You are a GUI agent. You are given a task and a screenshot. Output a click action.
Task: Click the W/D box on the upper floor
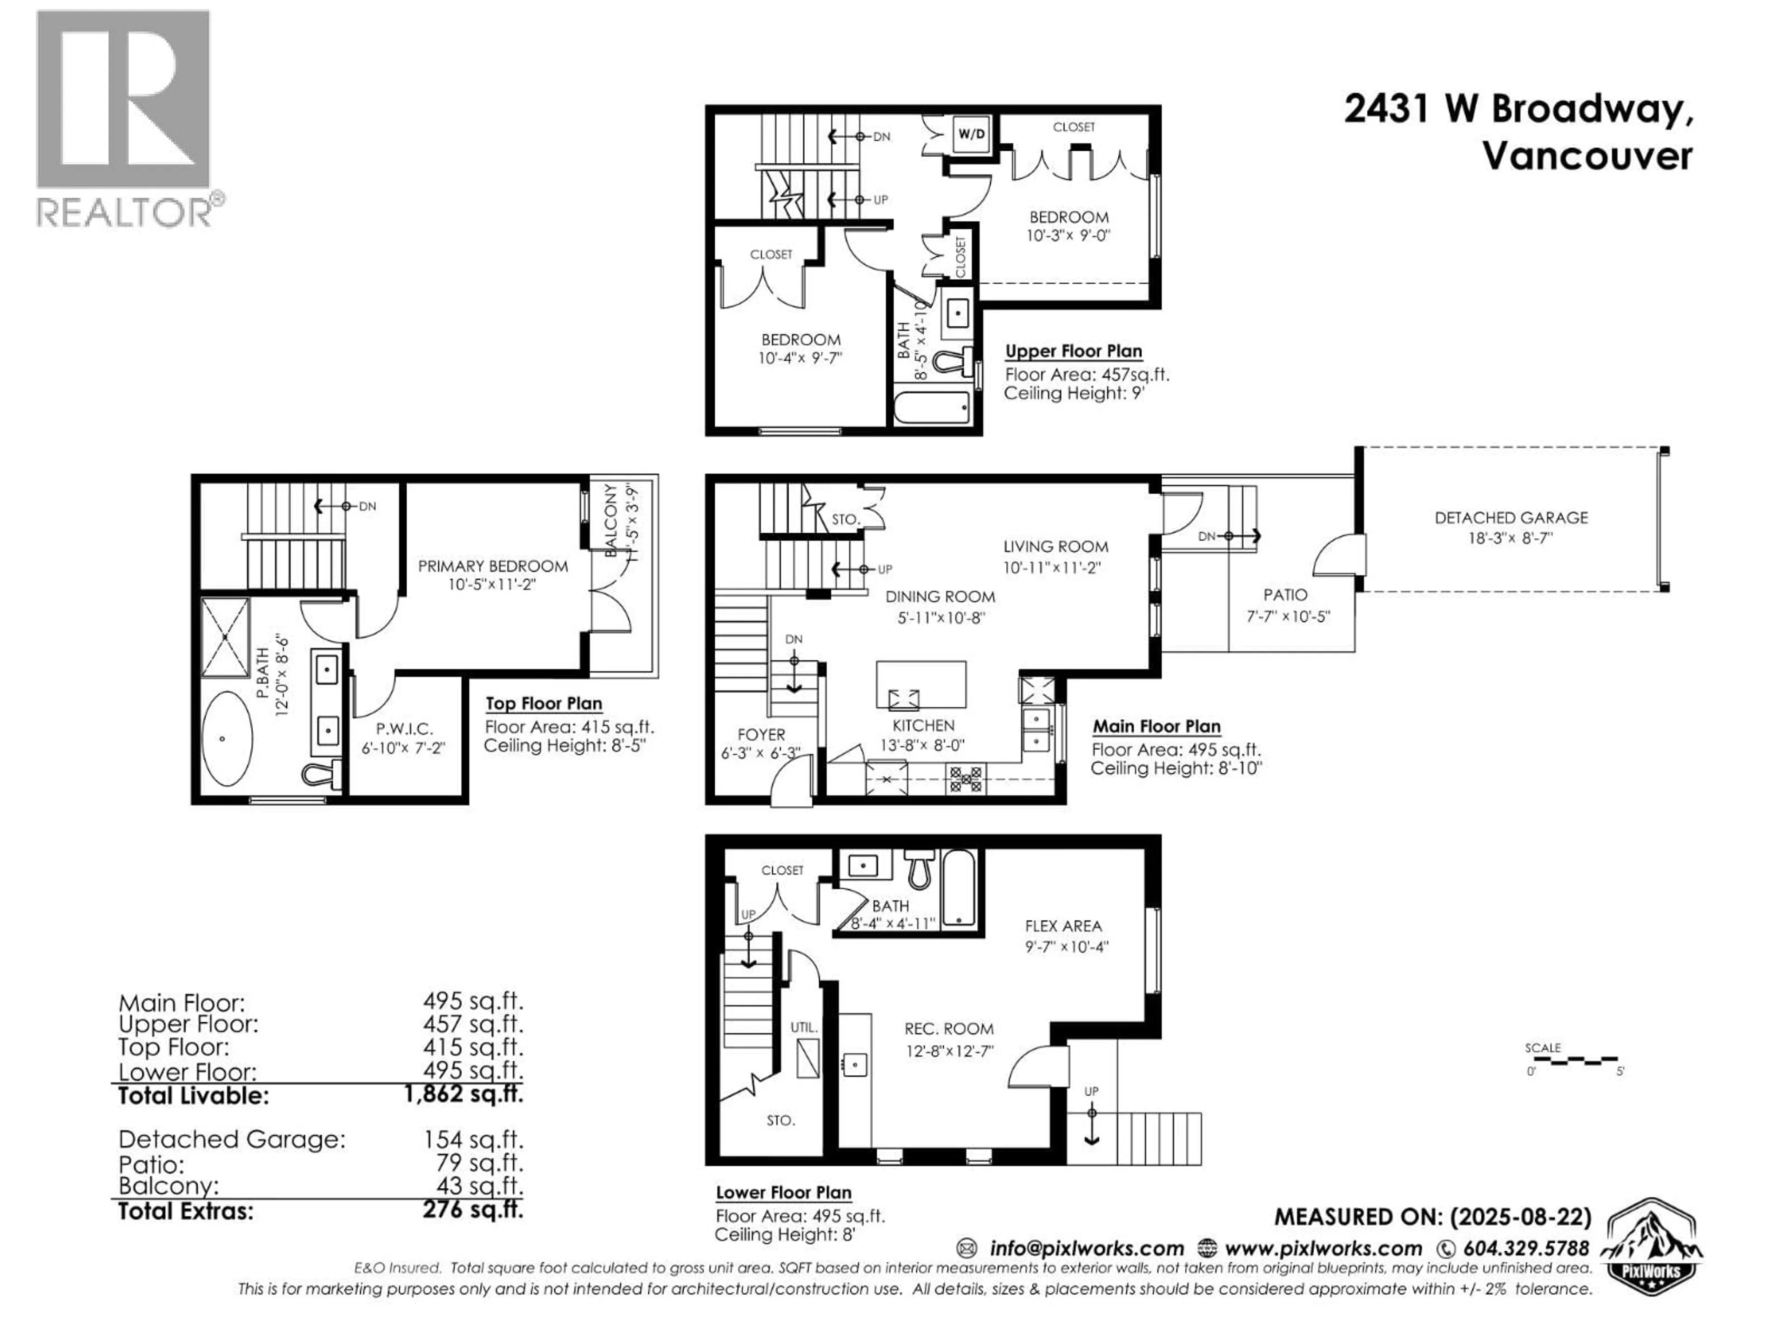tap(972, 134)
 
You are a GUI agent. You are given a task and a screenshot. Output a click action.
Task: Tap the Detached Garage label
tap(1511, 518)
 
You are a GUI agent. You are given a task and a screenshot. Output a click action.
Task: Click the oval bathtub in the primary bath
tap(226, 738)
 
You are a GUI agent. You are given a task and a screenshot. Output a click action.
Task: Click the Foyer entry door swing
tap(790, 784)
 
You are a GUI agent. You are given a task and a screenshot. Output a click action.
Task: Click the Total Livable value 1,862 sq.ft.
tap(463, 1094)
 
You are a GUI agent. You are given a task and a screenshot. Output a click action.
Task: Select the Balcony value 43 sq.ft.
tap(473, 1186)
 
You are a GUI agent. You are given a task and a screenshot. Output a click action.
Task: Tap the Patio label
tap(1284, 595)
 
